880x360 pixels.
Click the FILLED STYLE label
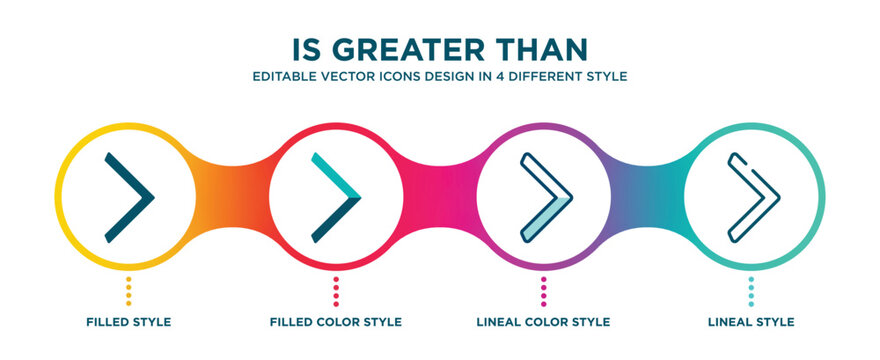coord(128,322)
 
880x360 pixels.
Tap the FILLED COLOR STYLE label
coord(336,322)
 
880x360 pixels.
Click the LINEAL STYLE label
coord(752,322)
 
